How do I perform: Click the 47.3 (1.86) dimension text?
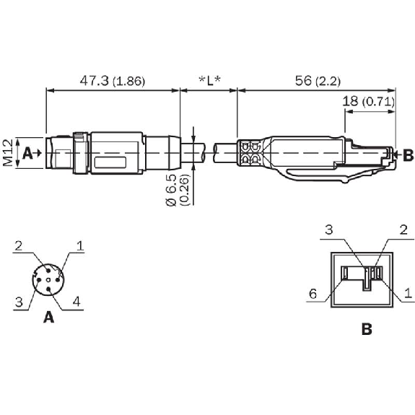pos(112,81)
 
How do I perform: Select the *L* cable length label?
pos(209,81)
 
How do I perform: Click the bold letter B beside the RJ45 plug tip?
pos(408,154)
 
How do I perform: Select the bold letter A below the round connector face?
pos(48,316)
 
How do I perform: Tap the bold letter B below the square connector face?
pos(367,328)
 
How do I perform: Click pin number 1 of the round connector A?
pos(80,245)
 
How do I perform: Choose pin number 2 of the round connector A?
pos(18,245)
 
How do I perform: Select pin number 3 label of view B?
pos(329,230)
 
